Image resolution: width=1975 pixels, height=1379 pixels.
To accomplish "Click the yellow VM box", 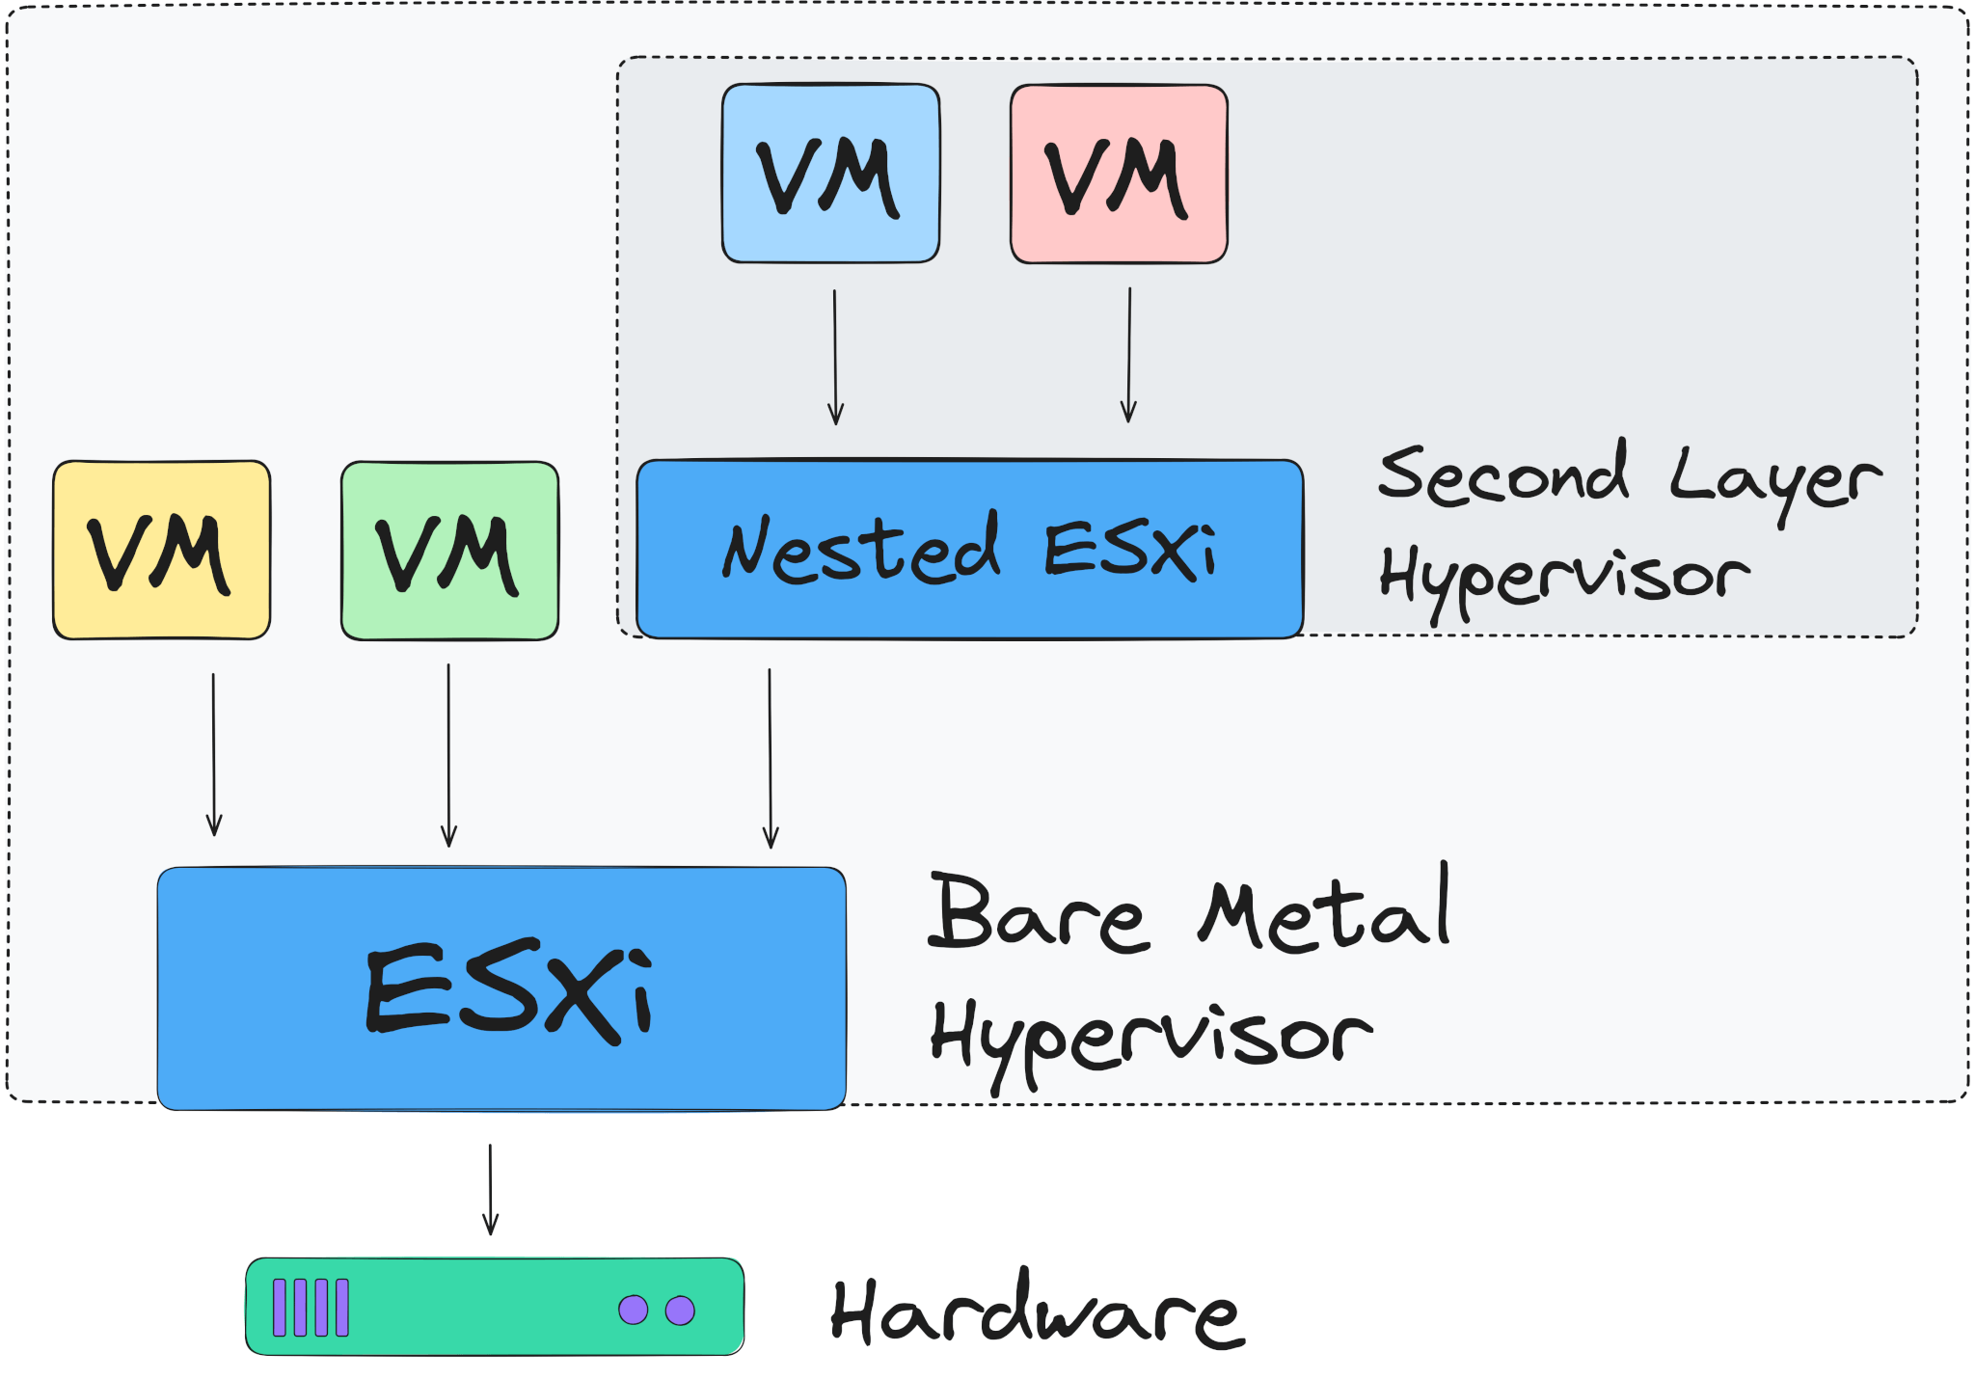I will (161, 550).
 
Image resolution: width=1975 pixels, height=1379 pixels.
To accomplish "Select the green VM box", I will (449, 551).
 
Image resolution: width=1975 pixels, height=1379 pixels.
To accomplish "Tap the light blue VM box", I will (830, 173).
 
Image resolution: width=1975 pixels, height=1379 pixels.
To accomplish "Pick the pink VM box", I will (1119, 174).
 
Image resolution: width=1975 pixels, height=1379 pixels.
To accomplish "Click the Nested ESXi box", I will (969, 549).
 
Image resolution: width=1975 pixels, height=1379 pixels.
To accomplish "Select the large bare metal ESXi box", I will (501, 988).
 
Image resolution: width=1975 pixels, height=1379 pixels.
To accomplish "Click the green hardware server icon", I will (495, 1307).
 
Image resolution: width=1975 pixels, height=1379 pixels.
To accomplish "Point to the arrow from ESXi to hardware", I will (490, 1189).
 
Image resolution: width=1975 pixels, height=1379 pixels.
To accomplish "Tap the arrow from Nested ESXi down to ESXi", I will (770, 758).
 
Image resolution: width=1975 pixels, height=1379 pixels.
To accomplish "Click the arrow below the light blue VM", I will (835, 357).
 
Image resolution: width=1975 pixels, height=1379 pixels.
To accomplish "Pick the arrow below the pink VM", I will (1129, 355).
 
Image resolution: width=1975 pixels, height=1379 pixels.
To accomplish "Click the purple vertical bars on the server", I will (311, 1308).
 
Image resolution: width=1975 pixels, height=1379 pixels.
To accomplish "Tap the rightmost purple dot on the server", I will (680, 1311).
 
